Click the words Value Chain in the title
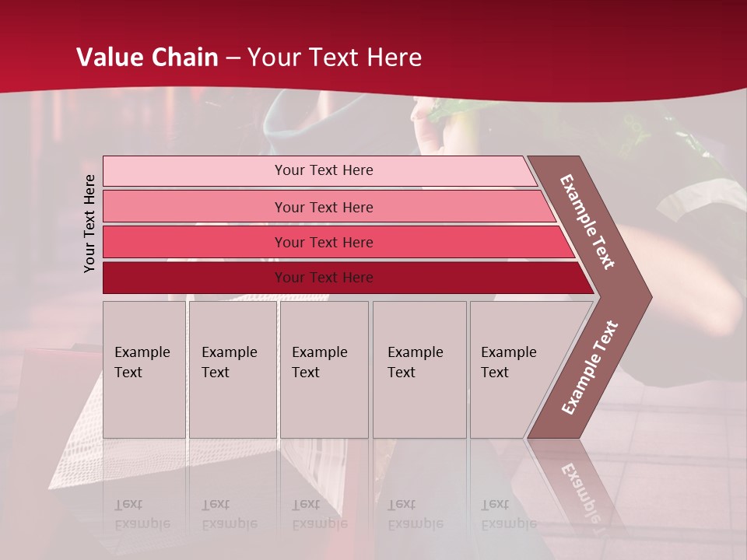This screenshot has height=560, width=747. click(x=147, y=58)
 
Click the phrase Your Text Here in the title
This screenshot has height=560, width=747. click(x=335, y=58)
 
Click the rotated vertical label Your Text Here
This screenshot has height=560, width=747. click(x=89, y=223)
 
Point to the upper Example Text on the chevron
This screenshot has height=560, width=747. click(x=587, y=222)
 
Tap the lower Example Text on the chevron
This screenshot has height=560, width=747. click(x=589, y=367)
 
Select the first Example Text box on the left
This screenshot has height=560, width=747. click(x=144, y=369)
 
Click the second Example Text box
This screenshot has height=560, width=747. click(x=232, y=369)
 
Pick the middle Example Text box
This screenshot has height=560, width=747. click(x=324, y=369)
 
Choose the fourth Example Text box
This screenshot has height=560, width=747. click(x=419, y=369)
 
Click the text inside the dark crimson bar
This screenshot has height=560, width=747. click(x=324, y=278)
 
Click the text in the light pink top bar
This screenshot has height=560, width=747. click(x=324, y=170)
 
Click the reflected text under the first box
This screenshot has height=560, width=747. click(x=142, y=514)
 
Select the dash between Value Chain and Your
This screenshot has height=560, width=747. click(x=233, y=58)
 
